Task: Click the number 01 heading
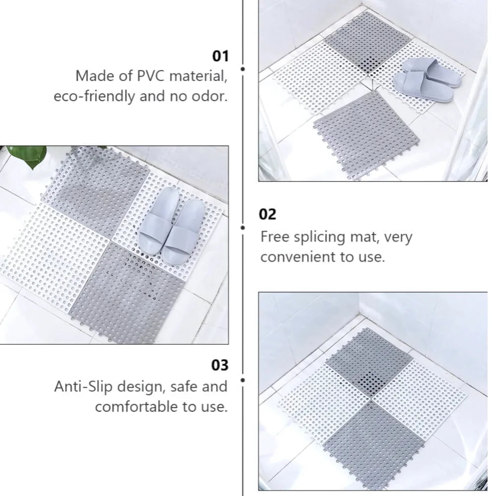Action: click(220, 56)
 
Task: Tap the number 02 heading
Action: click(268, 215)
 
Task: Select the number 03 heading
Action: click(220, 366)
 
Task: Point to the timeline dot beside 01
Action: click(243, 69)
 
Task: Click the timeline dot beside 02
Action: click(243, 228)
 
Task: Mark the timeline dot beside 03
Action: click(243, 380)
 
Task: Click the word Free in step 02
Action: click(274, 237)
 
